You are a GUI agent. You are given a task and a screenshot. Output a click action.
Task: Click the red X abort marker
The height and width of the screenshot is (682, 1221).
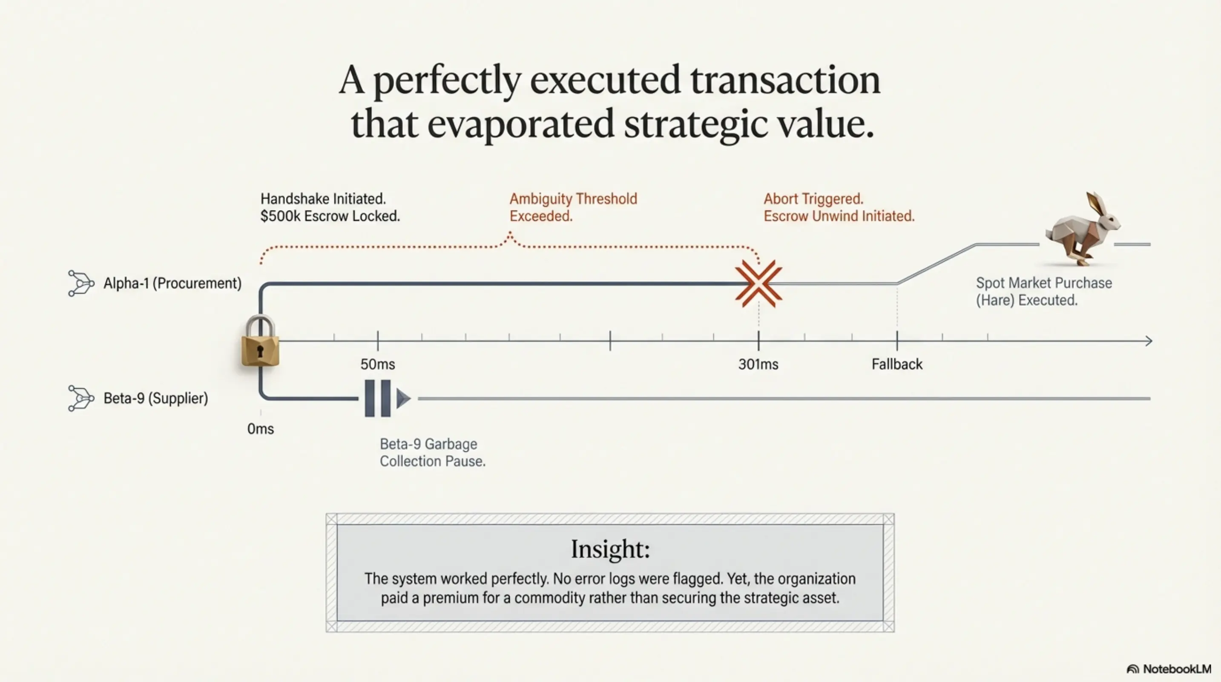pyautogui.click(x=758, y=283)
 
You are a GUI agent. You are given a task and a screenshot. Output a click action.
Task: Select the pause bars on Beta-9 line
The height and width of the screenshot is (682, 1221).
pyautogui.click(x=378, y=399)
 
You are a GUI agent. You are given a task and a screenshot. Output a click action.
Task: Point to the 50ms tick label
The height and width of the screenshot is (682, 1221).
pyautogui.click(x=378, y=364)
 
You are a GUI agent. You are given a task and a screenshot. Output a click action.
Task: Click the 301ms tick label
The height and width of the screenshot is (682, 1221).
pyautogui.click(x=758, y=364)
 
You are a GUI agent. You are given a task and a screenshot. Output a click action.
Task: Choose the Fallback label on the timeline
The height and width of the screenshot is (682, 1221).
pyautogui.click(x=897, y=364)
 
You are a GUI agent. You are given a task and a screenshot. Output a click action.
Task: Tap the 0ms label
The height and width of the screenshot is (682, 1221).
pyautogui.click(x=261, y=429)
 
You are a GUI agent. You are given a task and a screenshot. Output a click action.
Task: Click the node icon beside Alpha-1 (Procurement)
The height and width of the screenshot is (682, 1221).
pyautogui.click(x=80, y=283)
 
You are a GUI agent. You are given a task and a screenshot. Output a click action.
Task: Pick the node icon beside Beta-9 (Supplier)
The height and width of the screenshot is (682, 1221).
pyautogui.click(x=80, y=398)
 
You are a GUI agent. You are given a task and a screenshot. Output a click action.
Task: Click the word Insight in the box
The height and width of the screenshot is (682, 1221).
pyautogui.click(x=610, y=549)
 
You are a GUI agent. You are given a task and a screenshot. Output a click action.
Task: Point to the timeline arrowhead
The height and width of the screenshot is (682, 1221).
pyautogui.click(x=1148, y=341)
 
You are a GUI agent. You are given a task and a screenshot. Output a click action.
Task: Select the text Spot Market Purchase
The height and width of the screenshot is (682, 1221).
pyautogui.click(x=1044, y=283)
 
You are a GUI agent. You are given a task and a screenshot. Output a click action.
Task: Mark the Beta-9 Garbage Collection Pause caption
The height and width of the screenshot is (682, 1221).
pyautogui.click(x=433, y=452)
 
